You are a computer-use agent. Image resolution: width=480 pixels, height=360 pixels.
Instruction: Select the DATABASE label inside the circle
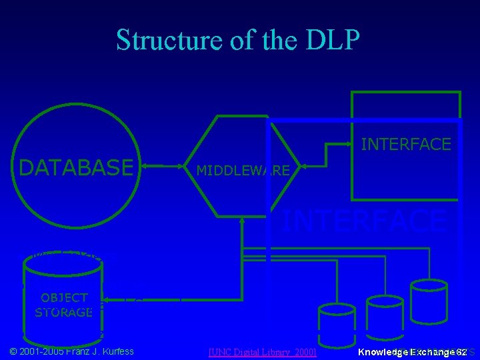[76, 168]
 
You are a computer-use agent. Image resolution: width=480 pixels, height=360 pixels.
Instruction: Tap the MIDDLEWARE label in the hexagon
[243, 171]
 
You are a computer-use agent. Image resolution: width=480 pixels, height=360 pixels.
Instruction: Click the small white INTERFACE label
[405, 143]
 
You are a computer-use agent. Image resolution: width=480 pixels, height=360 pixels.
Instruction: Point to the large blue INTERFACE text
[363, 220]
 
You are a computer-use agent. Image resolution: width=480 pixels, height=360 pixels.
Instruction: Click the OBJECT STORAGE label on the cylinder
[63, 305]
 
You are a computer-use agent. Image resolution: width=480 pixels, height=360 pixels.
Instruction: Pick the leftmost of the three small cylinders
[339, 319]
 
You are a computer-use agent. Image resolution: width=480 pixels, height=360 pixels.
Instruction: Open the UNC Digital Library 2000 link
[262, 351]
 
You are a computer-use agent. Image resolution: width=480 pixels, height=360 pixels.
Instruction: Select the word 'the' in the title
[276, 40]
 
